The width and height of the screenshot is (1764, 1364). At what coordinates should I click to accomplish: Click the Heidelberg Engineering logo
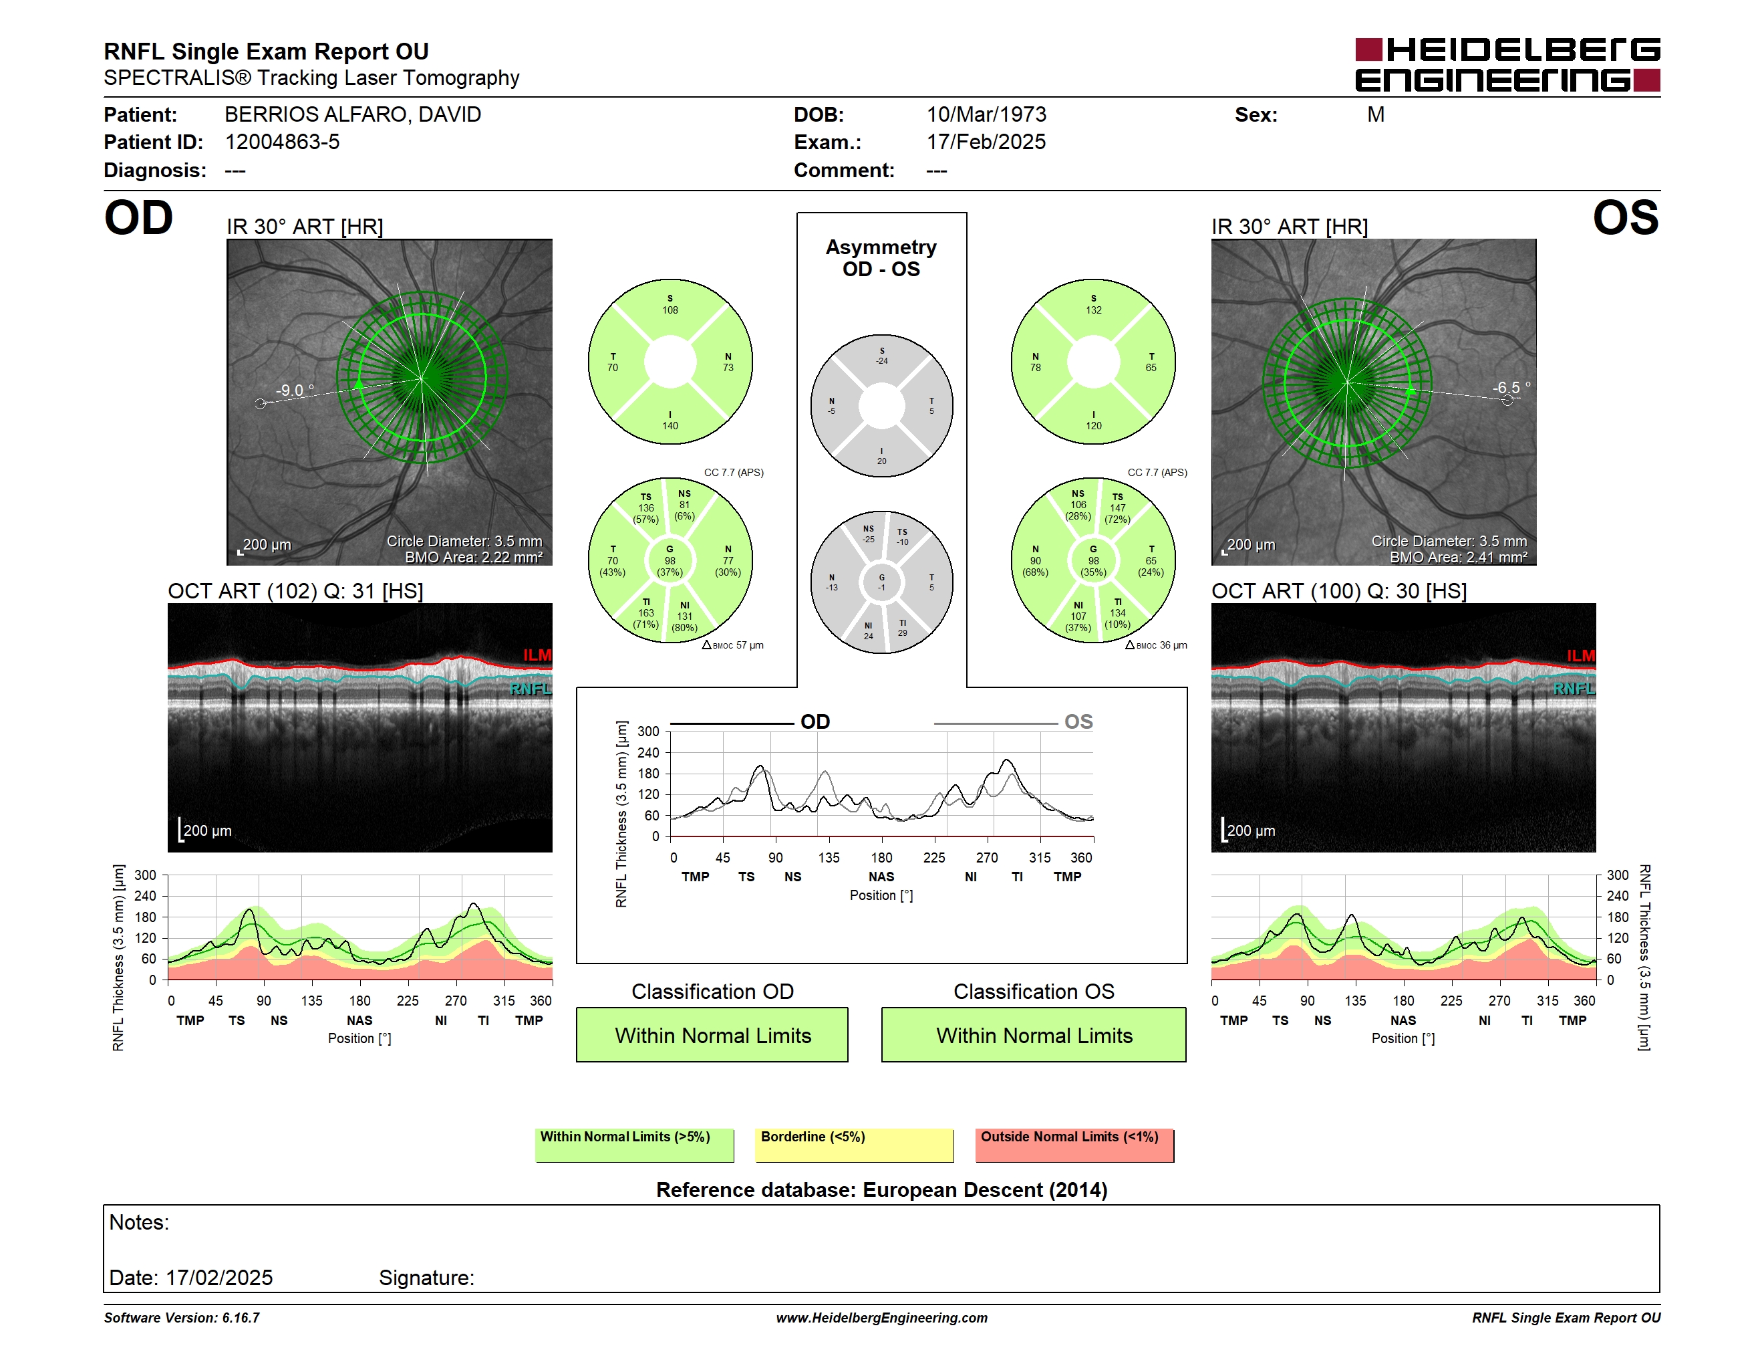[1507, 65]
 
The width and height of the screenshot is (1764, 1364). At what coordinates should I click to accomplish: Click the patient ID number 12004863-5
[282, 142]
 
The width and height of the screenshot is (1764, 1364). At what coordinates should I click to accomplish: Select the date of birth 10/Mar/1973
[986, 115]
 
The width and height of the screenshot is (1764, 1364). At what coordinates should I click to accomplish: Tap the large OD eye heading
[138, 218]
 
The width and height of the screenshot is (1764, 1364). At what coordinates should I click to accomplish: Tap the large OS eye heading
[1626, 218]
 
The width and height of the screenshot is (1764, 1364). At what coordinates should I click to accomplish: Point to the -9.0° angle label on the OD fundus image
[295, 390]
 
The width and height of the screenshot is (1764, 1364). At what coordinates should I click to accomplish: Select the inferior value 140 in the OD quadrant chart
[670, 426]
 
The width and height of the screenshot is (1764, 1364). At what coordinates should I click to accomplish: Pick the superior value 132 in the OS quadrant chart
[1094, 310]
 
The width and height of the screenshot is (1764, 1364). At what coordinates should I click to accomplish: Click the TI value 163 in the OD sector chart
[646, 613]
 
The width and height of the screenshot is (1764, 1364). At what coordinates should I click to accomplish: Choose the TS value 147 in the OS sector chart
[1118, 508]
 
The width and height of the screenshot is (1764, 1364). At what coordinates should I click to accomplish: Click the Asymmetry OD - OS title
[881, 258]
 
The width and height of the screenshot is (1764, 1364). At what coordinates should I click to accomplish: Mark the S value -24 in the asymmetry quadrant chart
[882, 361]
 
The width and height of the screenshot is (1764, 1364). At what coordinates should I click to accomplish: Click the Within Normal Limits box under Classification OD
[712, 1035]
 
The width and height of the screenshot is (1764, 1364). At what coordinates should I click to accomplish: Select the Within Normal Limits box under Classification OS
[1034, 1035]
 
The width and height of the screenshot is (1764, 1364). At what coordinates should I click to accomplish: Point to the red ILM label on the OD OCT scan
[537, 655]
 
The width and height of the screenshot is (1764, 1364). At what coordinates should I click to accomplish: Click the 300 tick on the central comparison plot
[649, 732]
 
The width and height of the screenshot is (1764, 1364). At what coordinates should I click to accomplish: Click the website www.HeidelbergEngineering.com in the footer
[882, 1318]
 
